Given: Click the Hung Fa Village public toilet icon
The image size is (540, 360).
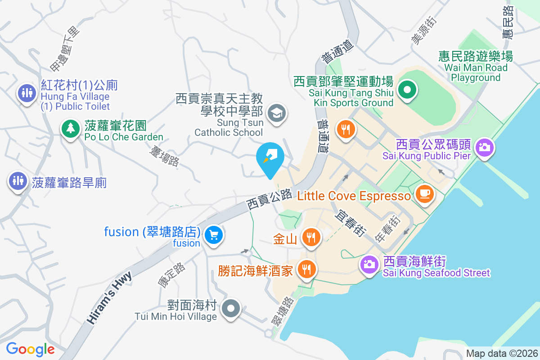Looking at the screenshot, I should tap(27, 93).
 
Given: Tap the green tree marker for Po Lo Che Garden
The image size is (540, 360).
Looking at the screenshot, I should tap(70, 129).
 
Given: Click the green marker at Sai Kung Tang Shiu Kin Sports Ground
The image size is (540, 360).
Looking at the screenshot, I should tap(407, 90).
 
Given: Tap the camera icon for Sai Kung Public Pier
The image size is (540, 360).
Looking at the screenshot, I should tap(484, 147).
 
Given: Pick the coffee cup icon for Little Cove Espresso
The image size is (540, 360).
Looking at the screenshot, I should tap(424, 194).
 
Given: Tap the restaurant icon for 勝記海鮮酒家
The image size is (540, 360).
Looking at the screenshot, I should tap(307, 269).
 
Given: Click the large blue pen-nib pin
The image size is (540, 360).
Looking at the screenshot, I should tap(270, 157).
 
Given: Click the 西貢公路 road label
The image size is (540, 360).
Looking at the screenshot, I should tap(270, 198).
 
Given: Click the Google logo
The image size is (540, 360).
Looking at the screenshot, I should tap(30, 349).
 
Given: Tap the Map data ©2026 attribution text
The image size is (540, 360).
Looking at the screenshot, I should tap(501, 353).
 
